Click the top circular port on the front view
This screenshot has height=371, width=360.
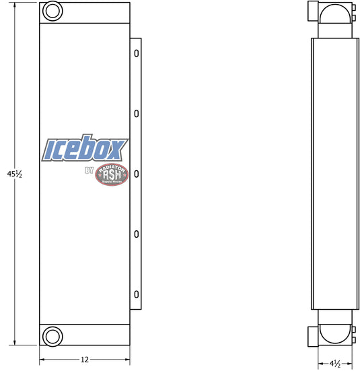51,11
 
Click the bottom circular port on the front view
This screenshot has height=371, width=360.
51,335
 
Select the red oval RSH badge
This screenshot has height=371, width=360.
112,174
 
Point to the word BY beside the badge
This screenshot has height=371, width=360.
89,171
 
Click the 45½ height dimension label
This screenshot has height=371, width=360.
15,174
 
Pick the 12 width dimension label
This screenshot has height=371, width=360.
85,360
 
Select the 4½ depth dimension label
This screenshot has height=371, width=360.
334,363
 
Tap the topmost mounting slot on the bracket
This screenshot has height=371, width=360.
137,53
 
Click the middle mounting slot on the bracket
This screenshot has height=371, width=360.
137,174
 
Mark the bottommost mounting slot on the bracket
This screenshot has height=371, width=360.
137,294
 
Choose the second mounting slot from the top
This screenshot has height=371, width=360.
137,113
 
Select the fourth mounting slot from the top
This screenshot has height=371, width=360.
137,234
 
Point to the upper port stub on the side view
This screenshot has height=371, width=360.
313,11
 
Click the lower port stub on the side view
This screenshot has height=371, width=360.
313,335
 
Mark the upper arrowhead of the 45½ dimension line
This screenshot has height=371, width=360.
15,4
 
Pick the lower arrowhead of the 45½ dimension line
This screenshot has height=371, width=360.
15,343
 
